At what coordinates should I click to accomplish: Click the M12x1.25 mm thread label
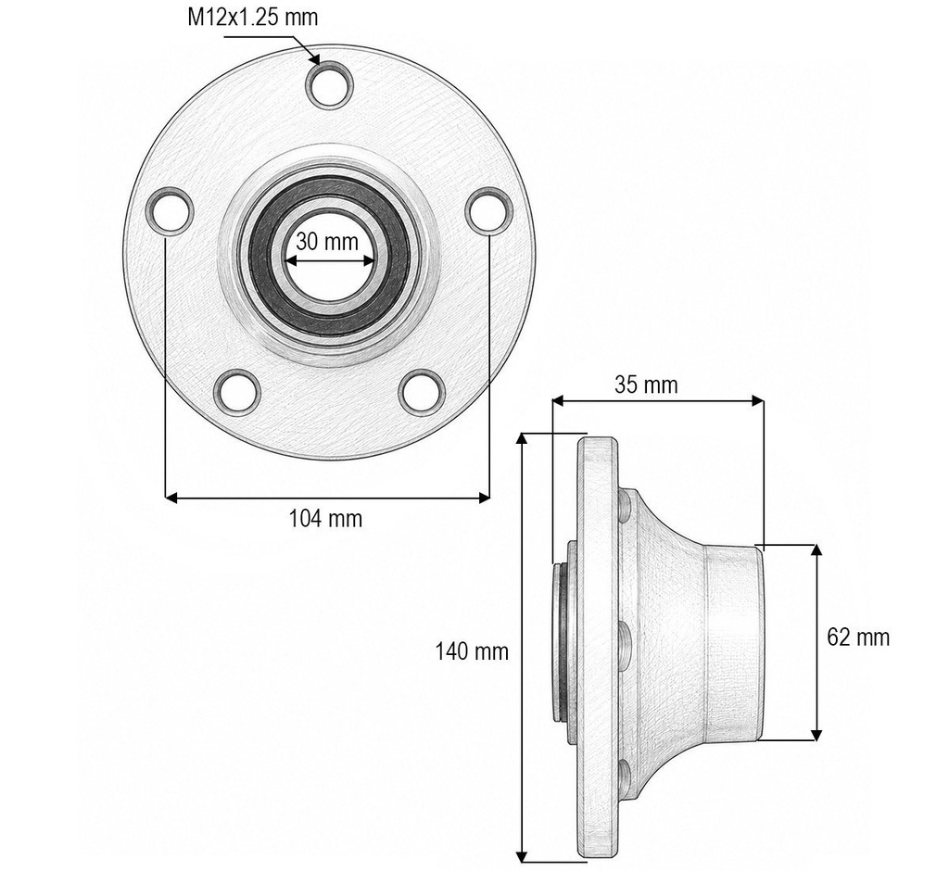click(252, 17)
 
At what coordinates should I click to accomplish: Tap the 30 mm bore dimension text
click(327, 242)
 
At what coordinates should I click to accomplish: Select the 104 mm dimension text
click(325, 519)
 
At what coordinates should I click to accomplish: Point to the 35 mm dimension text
click(646, 385)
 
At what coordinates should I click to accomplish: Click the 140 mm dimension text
click(472, 651)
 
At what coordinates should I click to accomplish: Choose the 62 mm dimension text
click(858, 637)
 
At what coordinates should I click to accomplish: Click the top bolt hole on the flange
click(329, 84)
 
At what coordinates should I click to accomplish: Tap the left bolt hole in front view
click(171, 210)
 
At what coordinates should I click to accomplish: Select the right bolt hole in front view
click(489, 210)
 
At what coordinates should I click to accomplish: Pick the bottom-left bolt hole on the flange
click(238, 392)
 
